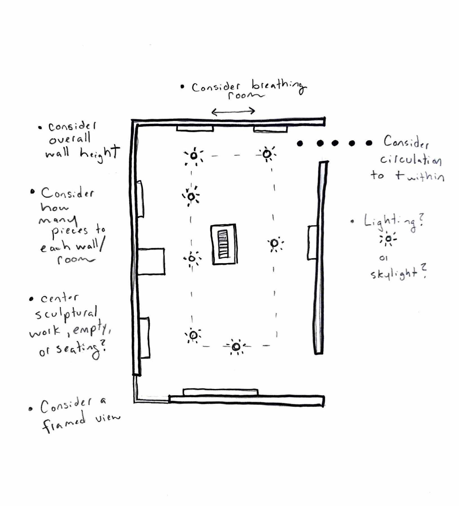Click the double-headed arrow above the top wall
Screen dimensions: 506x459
233,111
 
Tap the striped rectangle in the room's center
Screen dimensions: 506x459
224,244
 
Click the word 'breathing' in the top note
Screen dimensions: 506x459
278,86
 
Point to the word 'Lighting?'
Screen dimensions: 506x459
394,222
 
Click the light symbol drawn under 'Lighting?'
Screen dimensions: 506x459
388,239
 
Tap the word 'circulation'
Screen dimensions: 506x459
411,160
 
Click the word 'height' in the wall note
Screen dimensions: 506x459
100,153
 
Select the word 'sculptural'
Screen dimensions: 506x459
66,314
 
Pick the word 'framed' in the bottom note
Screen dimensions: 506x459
64,423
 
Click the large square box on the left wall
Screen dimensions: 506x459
151,261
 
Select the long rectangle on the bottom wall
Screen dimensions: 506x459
220,392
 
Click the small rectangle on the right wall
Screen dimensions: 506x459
312,243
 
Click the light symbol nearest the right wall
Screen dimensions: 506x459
275,243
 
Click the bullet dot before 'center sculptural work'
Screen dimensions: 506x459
31,299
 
